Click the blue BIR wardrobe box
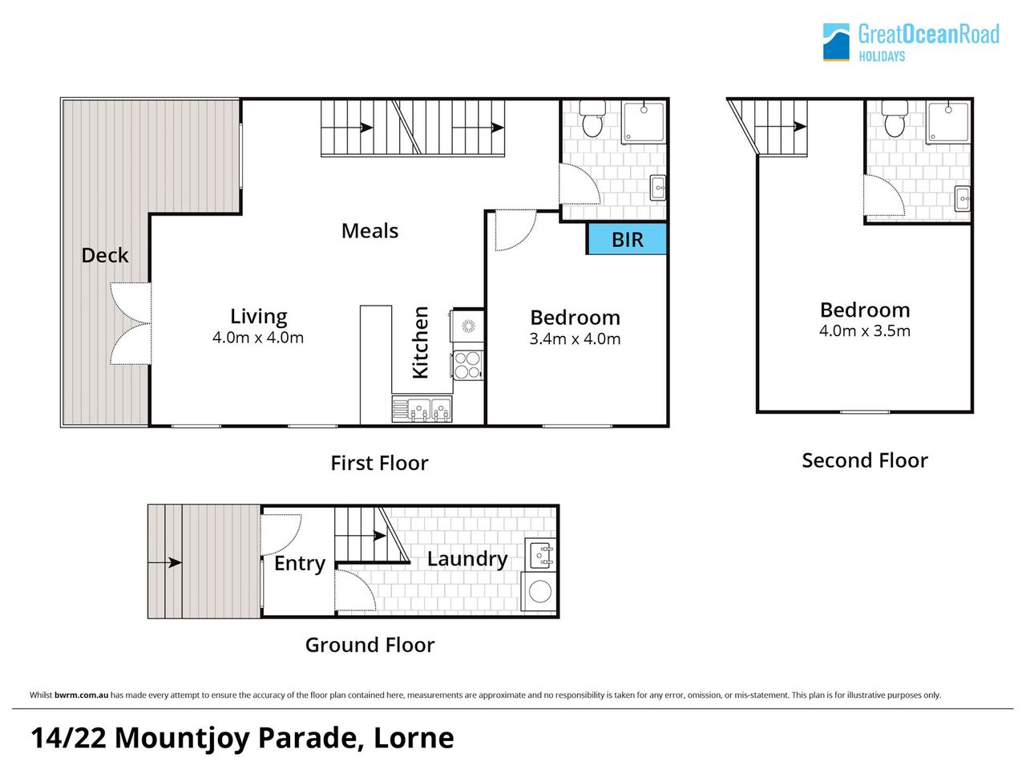point(627,239)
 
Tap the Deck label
point(105,255)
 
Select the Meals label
point(370,231)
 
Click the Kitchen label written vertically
point(420,342)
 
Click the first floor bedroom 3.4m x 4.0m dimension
point(575,338)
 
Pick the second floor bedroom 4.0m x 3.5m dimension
point(865,331)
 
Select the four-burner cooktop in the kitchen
point(467,365)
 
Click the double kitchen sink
point(422,410)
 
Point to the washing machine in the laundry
point(539,591)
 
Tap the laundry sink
point(541,555)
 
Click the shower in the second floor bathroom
point(949,122)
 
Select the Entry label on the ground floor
point(300,564)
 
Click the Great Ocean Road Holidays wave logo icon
point(836,42)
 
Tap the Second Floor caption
point(865,460)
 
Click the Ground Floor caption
point(370,645)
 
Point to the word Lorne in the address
point(414,738)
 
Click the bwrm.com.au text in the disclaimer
point(81,695)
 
